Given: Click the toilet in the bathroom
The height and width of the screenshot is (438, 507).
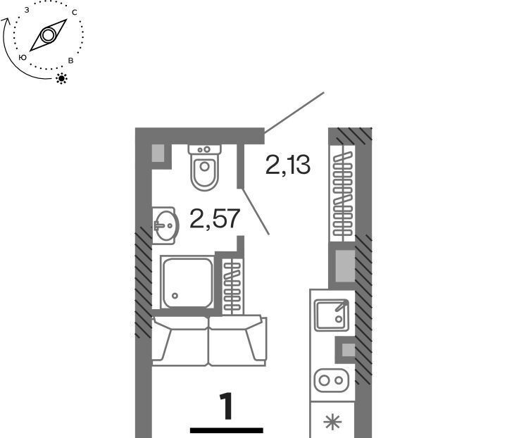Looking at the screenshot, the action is pyautogui.click(x=204, y=168).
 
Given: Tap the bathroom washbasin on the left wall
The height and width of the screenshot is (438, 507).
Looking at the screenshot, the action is pyautogui.click(x=165, y=225).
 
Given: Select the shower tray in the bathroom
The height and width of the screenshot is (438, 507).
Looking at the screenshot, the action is pyautogui.click(x=187, y=282).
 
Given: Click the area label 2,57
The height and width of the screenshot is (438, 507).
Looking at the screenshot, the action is pyautogui.click(x=215, y=219).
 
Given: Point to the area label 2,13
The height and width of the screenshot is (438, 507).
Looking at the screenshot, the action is pyautogui.click(x=288, y=165).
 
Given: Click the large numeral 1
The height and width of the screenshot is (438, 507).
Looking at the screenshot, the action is pyautogui.click(x=226, y=406).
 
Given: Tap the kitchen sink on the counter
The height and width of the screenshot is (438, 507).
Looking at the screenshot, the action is pyautogui.click(x=332, y=315).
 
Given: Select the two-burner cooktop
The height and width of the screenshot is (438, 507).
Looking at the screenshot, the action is pyautogui.click(x=332, y=380).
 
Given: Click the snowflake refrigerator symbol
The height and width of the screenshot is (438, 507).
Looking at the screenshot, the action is pyautogui.click(x=332, y=422).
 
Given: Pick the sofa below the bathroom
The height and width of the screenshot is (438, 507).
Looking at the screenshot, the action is pyautogui.click(x=209, y=340).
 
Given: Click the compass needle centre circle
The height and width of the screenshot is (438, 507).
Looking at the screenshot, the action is pyautogui.click(x=48, y=35).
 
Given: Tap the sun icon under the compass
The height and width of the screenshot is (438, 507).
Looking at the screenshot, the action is pyautogui.click(x=61, y=79).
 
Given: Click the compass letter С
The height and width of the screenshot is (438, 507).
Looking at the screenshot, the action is pyautogui.click(x=75, y=13).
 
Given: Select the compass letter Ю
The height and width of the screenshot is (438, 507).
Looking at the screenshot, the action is pyautogui.click(x=23, y=58).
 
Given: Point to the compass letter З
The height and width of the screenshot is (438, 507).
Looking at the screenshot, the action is pyautogui.click(x=27, y=10).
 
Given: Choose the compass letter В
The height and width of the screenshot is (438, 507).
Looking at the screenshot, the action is pyautogui.click(x=71, y=61).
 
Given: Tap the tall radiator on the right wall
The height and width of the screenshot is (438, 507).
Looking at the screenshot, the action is pyautogui.click(x=342, y=194).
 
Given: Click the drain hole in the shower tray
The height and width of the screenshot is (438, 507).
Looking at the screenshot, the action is pyautogui.click(x=175, y=296).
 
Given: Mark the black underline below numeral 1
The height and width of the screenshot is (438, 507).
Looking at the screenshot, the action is pyautogui.click(x=226, y=430).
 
